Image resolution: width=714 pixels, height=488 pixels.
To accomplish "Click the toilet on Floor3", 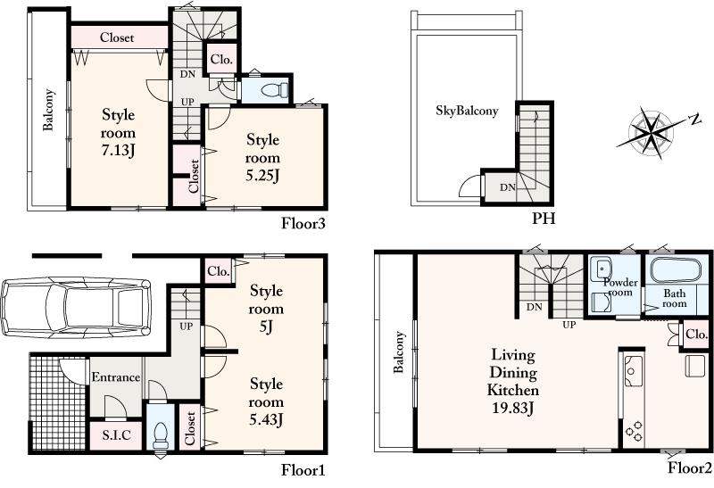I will pos(272,89).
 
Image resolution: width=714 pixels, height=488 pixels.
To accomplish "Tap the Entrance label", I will pos(116,377).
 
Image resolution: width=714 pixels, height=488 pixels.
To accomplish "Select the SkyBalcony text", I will pos(466,111).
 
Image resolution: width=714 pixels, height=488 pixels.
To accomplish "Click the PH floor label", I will pos(543,218).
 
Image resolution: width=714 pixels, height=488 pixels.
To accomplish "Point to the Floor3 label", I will pos(303,222).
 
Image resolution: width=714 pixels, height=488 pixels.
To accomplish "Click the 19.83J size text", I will pos(512,408).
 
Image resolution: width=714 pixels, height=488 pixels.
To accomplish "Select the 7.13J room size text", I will pos(118,148).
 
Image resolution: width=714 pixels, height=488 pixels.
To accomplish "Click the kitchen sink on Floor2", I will pos(635,367).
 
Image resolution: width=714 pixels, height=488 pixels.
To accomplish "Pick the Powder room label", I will pos(619,288).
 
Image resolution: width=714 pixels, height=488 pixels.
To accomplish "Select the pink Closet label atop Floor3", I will pos(117,37).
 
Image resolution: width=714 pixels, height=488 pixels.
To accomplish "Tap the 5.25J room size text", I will pos(262,174).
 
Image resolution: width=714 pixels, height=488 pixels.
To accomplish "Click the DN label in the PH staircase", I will pos(507,186).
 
